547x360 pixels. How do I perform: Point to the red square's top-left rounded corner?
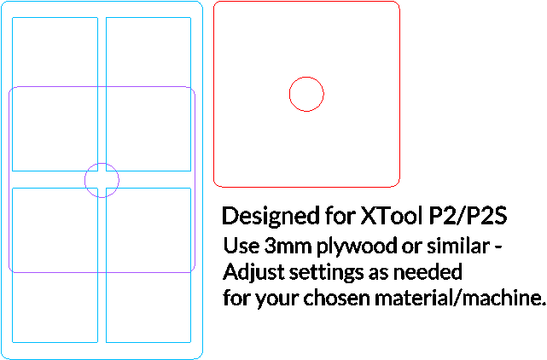click(x=216, y=3)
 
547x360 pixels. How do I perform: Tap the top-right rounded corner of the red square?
click(x=397, y=3)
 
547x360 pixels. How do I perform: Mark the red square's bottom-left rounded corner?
click(x=216, y=184)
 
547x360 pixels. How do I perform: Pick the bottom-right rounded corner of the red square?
click(x=397, y=184)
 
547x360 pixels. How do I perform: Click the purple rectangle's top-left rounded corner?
click(x=11, y=89)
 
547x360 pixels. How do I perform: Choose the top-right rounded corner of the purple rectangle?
click(x=193, y=89)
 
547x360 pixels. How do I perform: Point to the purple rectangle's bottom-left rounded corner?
click(x=11, y=270)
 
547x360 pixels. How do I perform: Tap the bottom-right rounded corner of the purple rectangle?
click(x=193, y=270)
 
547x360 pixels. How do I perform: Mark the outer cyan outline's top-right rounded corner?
click(x=200, y=3)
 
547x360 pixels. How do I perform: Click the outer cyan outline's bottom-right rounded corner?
click(x=200, y=356)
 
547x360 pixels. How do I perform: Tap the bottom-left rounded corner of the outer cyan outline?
click(x=4, y=356)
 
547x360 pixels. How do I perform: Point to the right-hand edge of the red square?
click(x=399, y=94)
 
